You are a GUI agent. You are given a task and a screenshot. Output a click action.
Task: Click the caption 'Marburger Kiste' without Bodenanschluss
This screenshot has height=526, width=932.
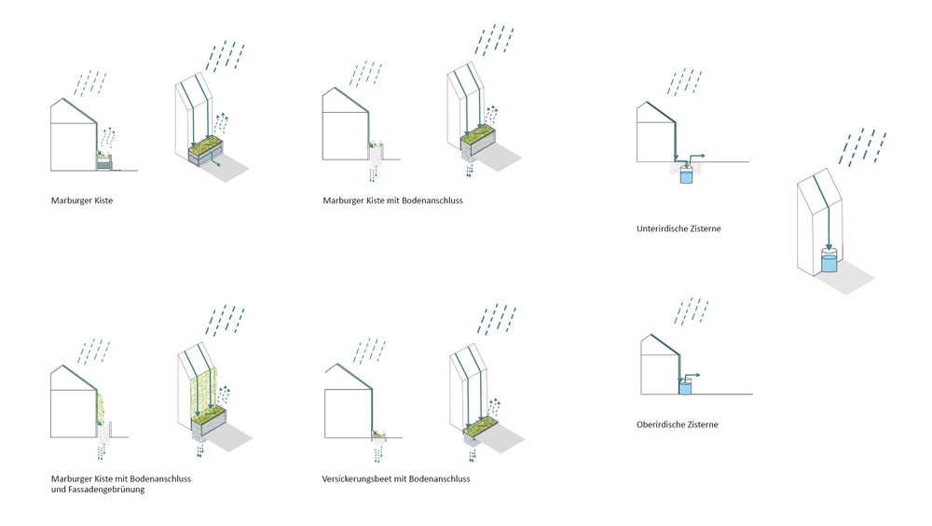pos(83,201)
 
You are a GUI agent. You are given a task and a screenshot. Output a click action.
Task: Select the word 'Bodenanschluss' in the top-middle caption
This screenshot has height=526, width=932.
pos(431,201)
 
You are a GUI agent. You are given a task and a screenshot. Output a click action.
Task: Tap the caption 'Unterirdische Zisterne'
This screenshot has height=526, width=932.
pos(678,228)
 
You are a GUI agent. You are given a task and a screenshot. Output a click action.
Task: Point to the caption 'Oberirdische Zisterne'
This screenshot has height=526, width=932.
pos(677,424)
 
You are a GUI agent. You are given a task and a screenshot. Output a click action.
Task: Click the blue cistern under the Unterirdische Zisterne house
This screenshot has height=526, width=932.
pos(687,174)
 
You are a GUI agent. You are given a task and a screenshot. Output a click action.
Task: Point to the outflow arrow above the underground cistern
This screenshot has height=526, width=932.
pos(695,154)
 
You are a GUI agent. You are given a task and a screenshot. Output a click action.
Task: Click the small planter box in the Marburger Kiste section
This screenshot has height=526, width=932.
pos(105,162)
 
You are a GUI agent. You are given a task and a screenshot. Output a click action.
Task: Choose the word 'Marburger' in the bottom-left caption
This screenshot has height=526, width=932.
pos(74,479)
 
